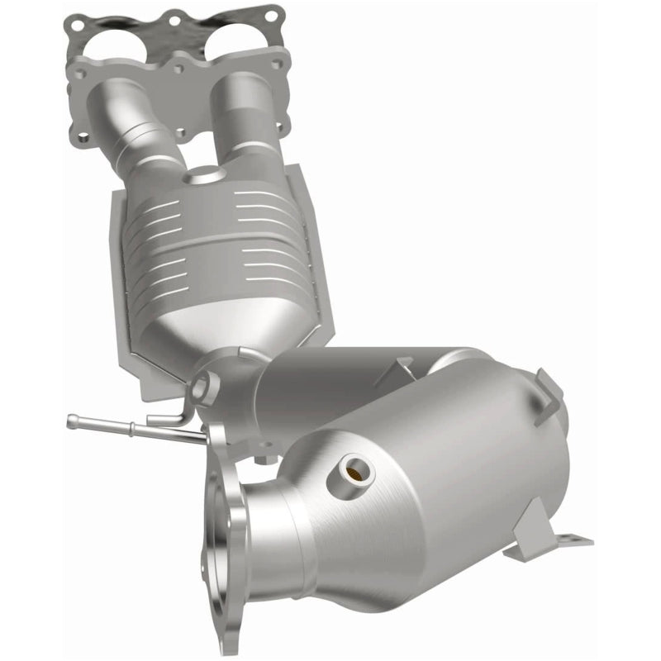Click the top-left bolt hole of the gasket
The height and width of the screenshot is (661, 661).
tap(78, 26)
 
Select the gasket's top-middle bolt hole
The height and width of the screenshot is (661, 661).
tap(174, 17)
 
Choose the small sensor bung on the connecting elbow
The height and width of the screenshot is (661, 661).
tap(203, 384)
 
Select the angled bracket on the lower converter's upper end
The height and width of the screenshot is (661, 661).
tap(549, 388)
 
